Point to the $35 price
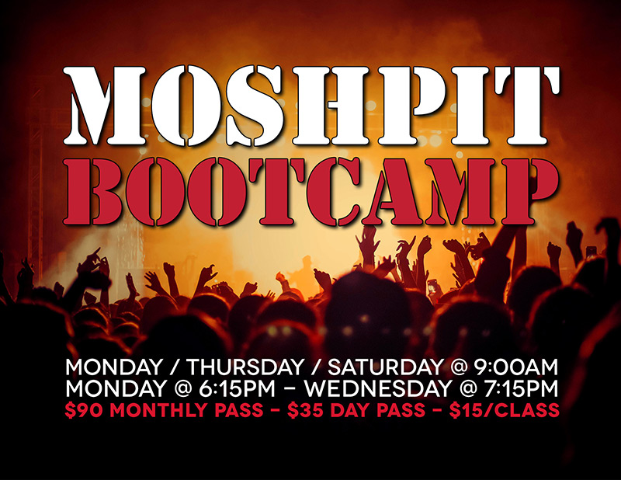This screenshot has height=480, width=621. (x=303, y=409)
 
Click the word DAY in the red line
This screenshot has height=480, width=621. (x=347, y=409)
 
